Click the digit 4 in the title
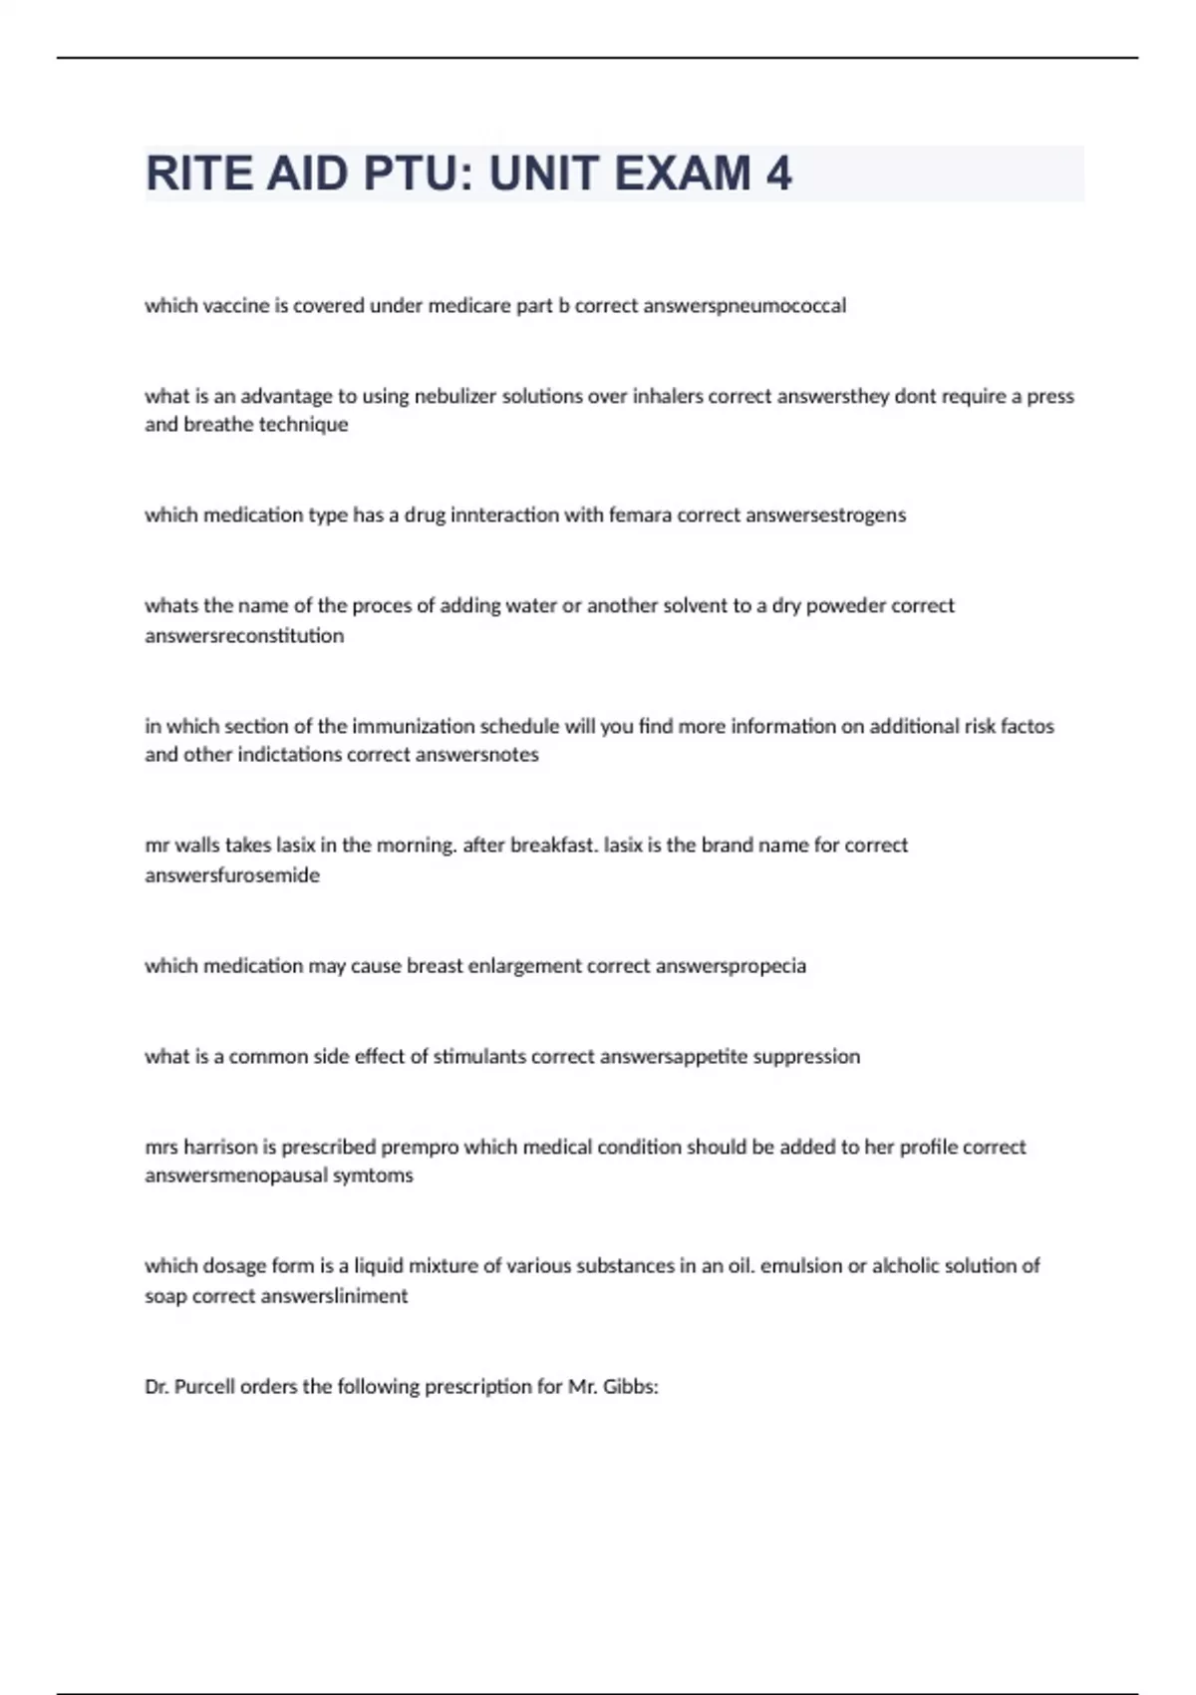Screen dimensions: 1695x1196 [778, 173]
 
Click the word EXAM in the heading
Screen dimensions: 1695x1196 [683, 173]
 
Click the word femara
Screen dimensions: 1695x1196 [640, 515]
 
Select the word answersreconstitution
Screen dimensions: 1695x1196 [244, 636]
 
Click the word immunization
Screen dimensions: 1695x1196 [417, 727]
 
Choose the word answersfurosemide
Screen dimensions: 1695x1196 [232, 875]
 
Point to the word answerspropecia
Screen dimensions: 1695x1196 [731, 966]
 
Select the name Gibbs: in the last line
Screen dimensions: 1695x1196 [633, 1387]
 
